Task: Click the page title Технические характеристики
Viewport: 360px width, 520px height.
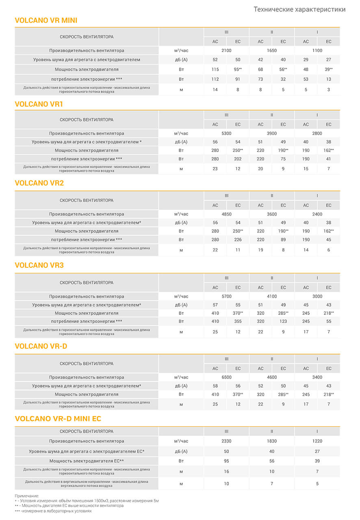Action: (299, 9)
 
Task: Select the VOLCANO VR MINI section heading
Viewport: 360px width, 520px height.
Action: (46, 20)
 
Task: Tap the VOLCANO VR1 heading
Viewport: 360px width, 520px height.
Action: (39, 104)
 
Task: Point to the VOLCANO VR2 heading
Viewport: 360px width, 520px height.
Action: (39, 183)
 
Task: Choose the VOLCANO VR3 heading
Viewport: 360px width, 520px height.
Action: (39, 266)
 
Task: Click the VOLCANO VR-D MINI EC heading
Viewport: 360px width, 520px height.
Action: (58, 418)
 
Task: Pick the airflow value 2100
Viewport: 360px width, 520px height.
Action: (226, 51)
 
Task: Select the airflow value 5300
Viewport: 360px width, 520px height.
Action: (226, 134)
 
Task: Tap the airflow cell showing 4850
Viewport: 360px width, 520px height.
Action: (226, 214)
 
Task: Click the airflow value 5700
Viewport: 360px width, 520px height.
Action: (226, 297)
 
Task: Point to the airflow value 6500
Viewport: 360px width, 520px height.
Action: (226, 377)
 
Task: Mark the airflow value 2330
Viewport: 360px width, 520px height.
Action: (226, 441)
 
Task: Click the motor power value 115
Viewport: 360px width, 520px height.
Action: (215, 69)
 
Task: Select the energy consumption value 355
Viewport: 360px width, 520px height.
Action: (238, 321)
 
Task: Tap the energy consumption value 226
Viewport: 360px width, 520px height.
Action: (238, 240)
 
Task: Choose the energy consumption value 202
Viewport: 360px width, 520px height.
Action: (238, 159)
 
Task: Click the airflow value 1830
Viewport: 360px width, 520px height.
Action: (272, 441)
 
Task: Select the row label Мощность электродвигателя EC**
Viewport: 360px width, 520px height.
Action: (87, 461)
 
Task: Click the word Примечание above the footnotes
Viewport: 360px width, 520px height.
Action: (27, 496)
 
